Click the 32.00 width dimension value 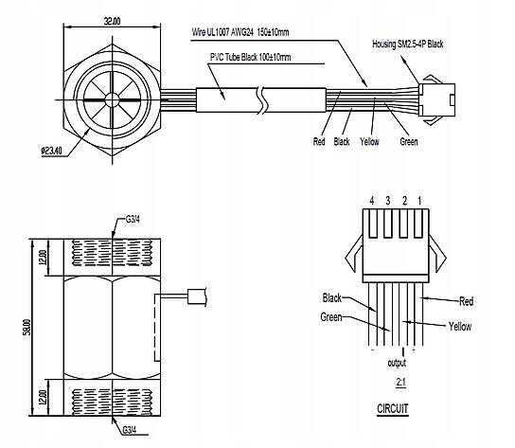tap(112, 22)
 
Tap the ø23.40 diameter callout tap(51, 151)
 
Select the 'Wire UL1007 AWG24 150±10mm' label tap(240, 32)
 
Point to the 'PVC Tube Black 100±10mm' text tap(250, 57)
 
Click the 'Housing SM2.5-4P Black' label tap(408, 45)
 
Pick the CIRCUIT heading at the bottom tap(393, 409)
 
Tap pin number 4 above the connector tap(372, 201)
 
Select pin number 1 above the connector tap(419, 201)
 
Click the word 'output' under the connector tap(397, 363)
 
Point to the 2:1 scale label tap(400, 383)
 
